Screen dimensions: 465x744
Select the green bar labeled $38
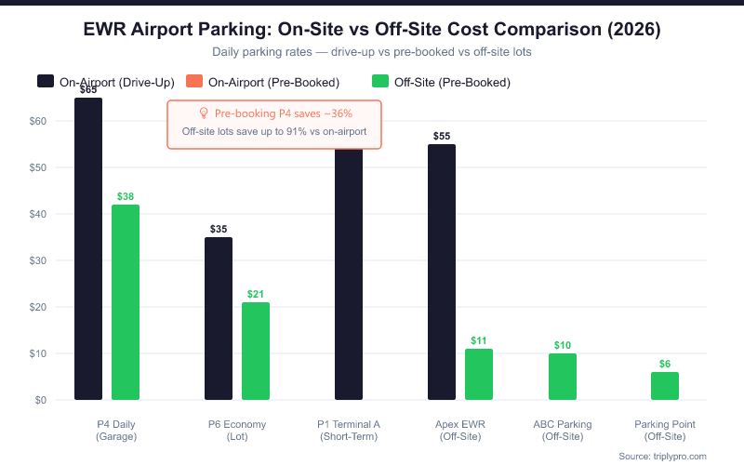tap(126, 302)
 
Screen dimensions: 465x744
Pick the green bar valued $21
tap(256, 351)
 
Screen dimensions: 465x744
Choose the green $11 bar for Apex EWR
tap(479, 374)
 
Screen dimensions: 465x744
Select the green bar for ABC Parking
tap(563, 377)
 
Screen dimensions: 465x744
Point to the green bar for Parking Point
tap(665, 386)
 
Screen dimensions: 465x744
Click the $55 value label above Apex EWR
tap(442, 136)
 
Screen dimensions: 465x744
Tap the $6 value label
tap(665, 364)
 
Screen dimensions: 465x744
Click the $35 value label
tap(219, 229)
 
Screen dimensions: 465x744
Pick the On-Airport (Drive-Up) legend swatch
tap(46, 82)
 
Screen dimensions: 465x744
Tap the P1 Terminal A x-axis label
tap(349, 431)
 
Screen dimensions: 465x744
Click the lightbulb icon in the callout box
tap(205, 113)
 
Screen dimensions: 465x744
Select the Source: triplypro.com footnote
tap(662, 456)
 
